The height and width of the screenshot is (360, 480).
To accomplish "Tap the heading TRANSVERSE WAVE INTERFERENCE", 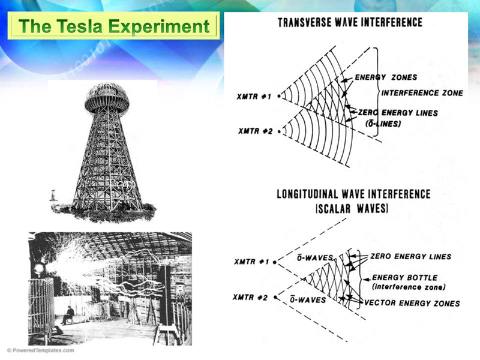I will click(350, 23).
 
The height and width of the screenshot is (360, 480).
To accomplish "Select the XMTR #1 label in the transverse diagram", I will click(254, 95).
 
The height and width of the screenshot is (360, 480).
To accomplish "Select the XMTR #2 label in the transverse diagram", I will click(254, 131).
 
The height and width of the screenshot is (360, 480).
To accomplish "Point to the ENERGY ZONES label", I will click(386, 77).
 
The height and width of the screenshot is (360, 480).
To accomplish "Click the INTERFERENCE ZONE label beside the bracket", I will click(422, 93).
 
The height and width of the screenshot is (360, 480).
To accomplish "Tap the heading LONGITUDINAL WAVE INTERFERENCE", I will click(353, 194).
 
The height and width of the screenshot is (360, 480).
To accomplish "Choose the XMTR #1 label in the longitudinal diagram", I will click(250, 262).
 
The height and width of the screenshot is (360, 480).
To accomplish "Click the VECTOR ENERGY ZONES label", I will click(412, 304).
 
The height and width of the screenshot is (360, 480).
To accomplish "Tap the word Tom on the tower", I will click(121, 184).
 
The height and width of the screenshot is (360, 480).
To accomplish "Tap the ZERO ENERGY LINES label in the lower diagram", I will click(410, 256).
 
